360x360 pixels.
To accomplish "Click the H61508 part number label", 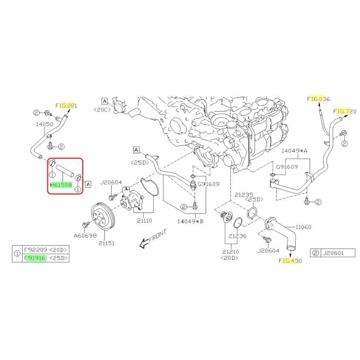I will point(61,185).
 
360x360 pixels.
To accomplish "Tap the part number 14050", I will point(44,124).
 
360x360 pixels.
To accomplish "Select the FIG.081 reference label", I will point(67,105).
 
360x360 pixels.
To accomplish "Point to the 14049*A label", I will point(295,151).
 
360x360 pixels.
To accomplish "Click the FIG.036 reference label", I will point(318,99).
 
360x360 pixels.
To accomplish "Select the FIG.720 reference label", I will point(345,111).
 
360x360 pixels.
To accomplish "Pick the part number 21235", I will point(245,195).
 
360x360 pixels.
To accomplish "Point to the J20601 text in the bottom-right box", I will point(332,253).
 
